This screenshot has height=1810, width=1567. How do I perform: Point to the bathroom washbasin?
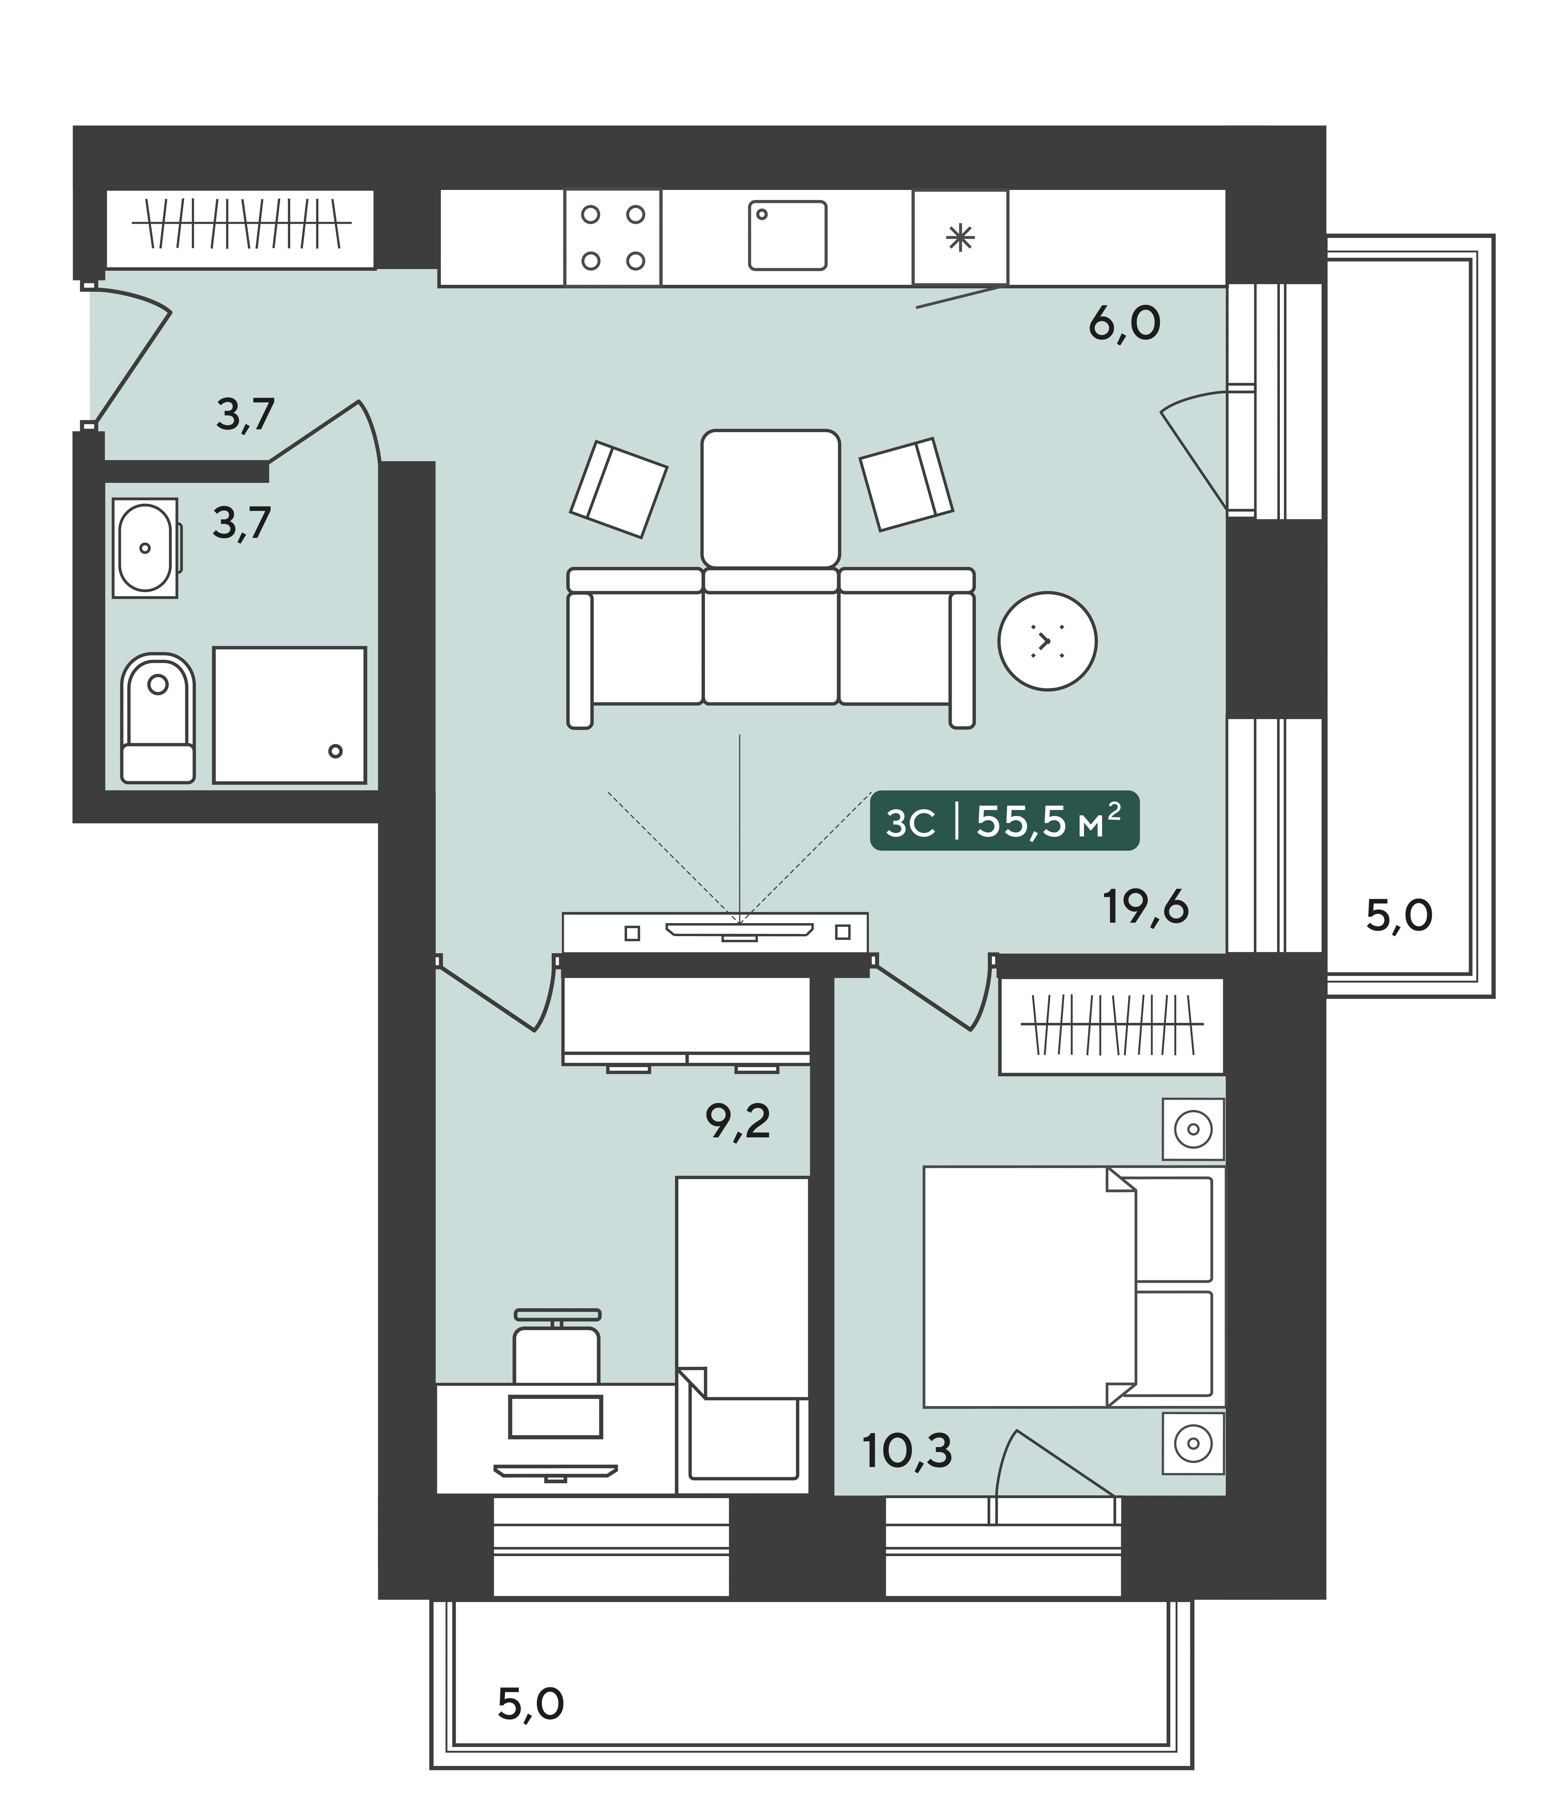pos(145,548)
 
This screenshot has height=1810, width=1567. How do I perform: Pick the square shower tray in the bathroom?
pos(289,715)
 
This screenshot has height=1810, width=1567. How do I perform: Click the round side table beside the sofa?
pos(1048,641)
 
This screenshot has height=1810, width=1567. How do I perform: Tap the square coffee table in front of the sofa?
pos(770,498)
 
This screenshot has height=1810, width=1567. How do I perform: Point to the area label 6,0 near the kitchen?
pos(1124,324)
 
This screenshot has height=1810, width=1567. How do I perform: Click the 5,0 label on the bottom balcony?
pos(531,1704)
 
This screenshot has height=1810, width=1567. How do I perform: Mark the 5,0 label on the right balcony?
pos(1399,915)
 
